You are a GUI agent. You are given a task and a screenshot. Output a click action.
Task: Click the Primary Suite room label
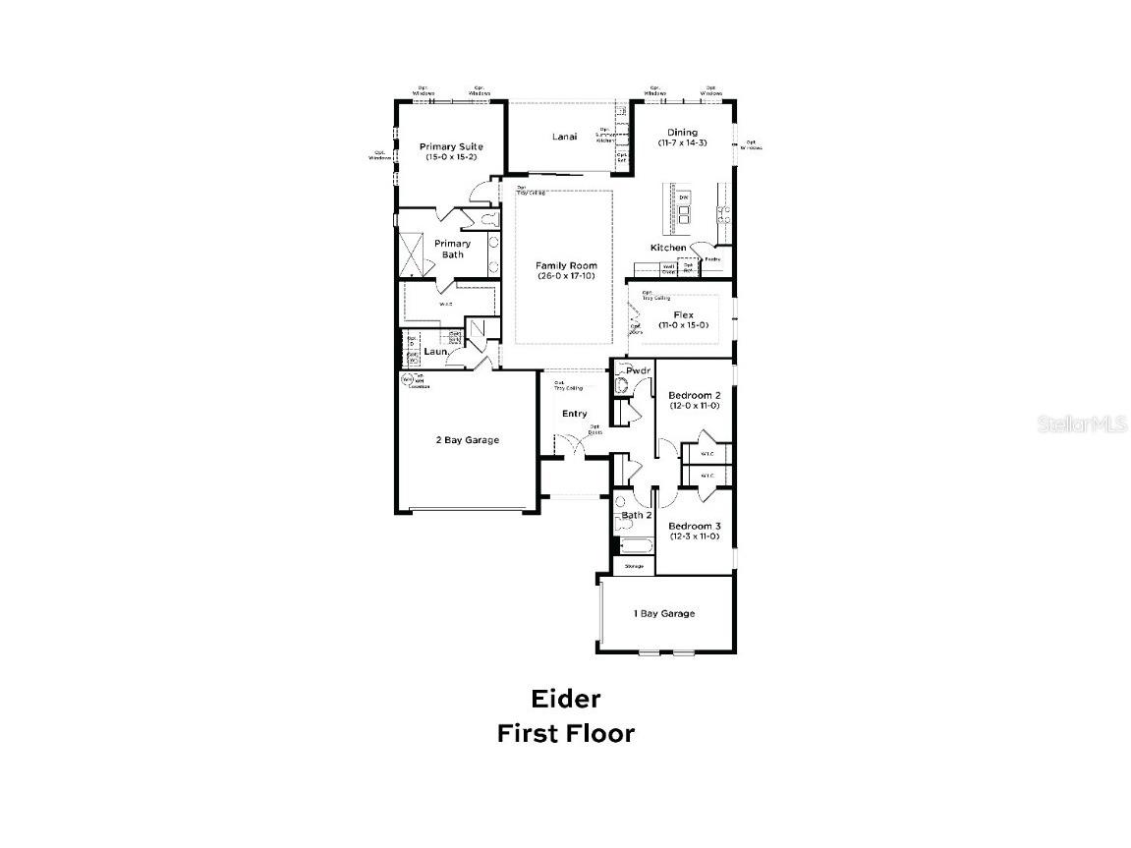point(452,146)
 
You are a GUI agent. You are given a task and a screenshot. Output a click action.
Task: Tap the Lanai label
point(564,137)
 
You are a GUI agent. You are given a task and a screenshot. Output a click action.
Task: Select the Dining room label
point(682,133)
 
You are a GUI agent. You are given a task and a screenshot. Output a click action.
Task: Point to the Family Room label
point(566,265)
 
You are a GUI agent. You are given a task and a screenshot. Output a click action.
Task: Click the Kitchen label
point(668,248)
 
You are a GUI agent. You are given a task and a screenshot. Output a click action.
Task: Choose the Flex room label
point(683,314)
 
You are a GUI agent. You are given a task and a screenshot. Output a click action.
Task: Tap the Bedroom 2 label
point(695,396)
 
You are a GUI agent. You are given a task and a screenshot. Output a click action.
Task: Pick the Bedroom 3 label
point(695,527)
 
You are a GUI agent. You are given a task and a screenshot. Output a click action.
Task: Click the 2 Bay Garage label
point(467,440)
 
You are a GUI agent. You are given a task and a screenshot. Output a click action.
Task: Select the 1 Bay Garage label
point(663,613)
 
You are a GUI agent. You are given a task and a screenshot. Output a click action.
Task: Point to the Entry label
point(574,414)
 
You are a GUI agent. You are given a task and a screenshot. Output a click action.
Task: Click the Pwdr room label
point(625,371)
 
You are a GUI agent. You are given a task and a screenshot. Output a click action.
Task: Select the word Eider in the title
point(565,699)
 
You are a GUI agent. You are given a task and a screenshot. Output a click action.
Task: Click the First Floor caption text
point(565,733)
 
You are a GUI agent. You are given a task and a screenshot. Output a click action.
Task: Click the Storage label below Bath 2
point(634,566)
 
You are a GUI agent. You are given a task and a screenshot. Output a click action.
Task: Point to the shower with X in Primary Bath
point(412,251)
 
